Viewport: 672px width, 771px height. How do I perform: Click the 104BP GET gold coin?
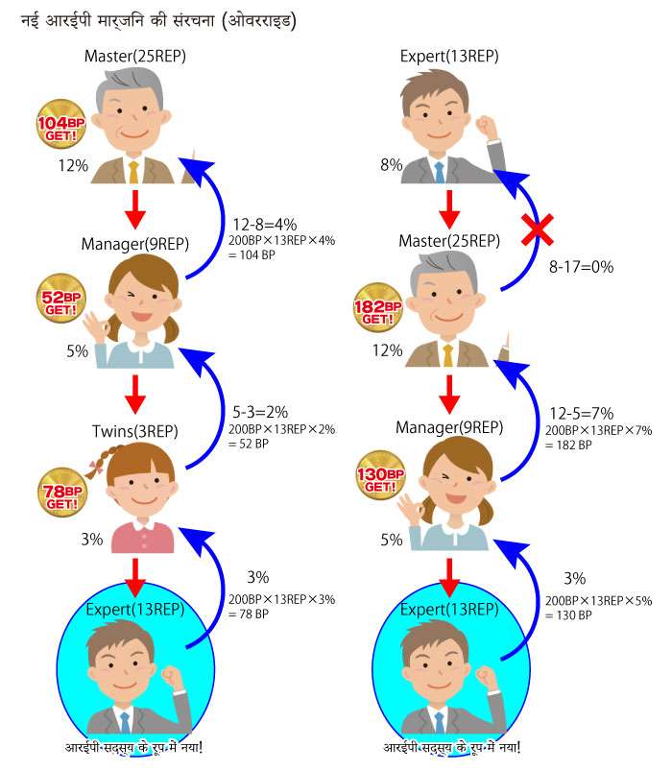(60, 124)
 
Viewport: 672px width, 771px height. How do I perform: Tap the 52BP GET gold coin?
(60, 299)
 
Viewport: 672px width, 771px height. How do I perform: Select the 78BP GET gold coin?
(62, 493)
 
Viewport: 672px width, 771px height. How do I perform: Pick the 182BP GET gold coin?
(378, 308)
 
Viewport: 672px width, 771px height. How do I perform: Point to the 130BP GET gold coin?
(380, 475)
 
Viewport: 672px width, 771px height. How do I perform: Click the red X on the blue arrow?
(538, 229)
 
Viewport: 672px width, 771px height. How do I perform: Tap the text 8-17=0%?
(581, 267)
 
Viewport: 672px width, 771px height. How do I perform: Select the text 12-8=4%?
(264, 225)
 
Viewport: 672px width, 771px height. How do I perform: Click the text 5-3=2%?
(260, 412)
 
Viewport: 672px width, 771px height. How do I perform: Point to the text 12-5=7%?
(582, 413)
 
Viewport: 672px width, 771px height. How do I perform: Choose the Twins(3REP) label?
(135, 431)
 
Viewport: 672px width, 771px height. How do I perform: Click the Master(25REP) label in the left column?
(135, 56)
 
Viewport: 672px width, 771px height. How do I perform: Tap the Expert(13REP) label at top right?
(449, 56)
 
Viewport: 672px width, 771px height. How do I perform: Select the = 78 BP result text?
(249, 614)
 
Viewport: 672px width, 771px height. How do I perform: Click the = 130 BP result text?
(568, 615)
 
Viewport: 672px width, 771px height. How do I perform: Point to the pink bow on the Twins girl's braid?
(95, 467)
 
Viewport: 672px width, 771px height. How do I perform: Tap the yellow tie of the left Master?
(133, 172)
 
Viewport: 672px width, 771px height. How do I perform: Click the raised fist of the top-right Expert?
(486, 127)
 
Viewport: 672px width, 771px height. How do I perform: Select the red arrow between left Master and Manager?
(135, 209)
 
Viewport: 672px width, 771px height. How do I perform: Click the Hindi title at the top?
(158, 21)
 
